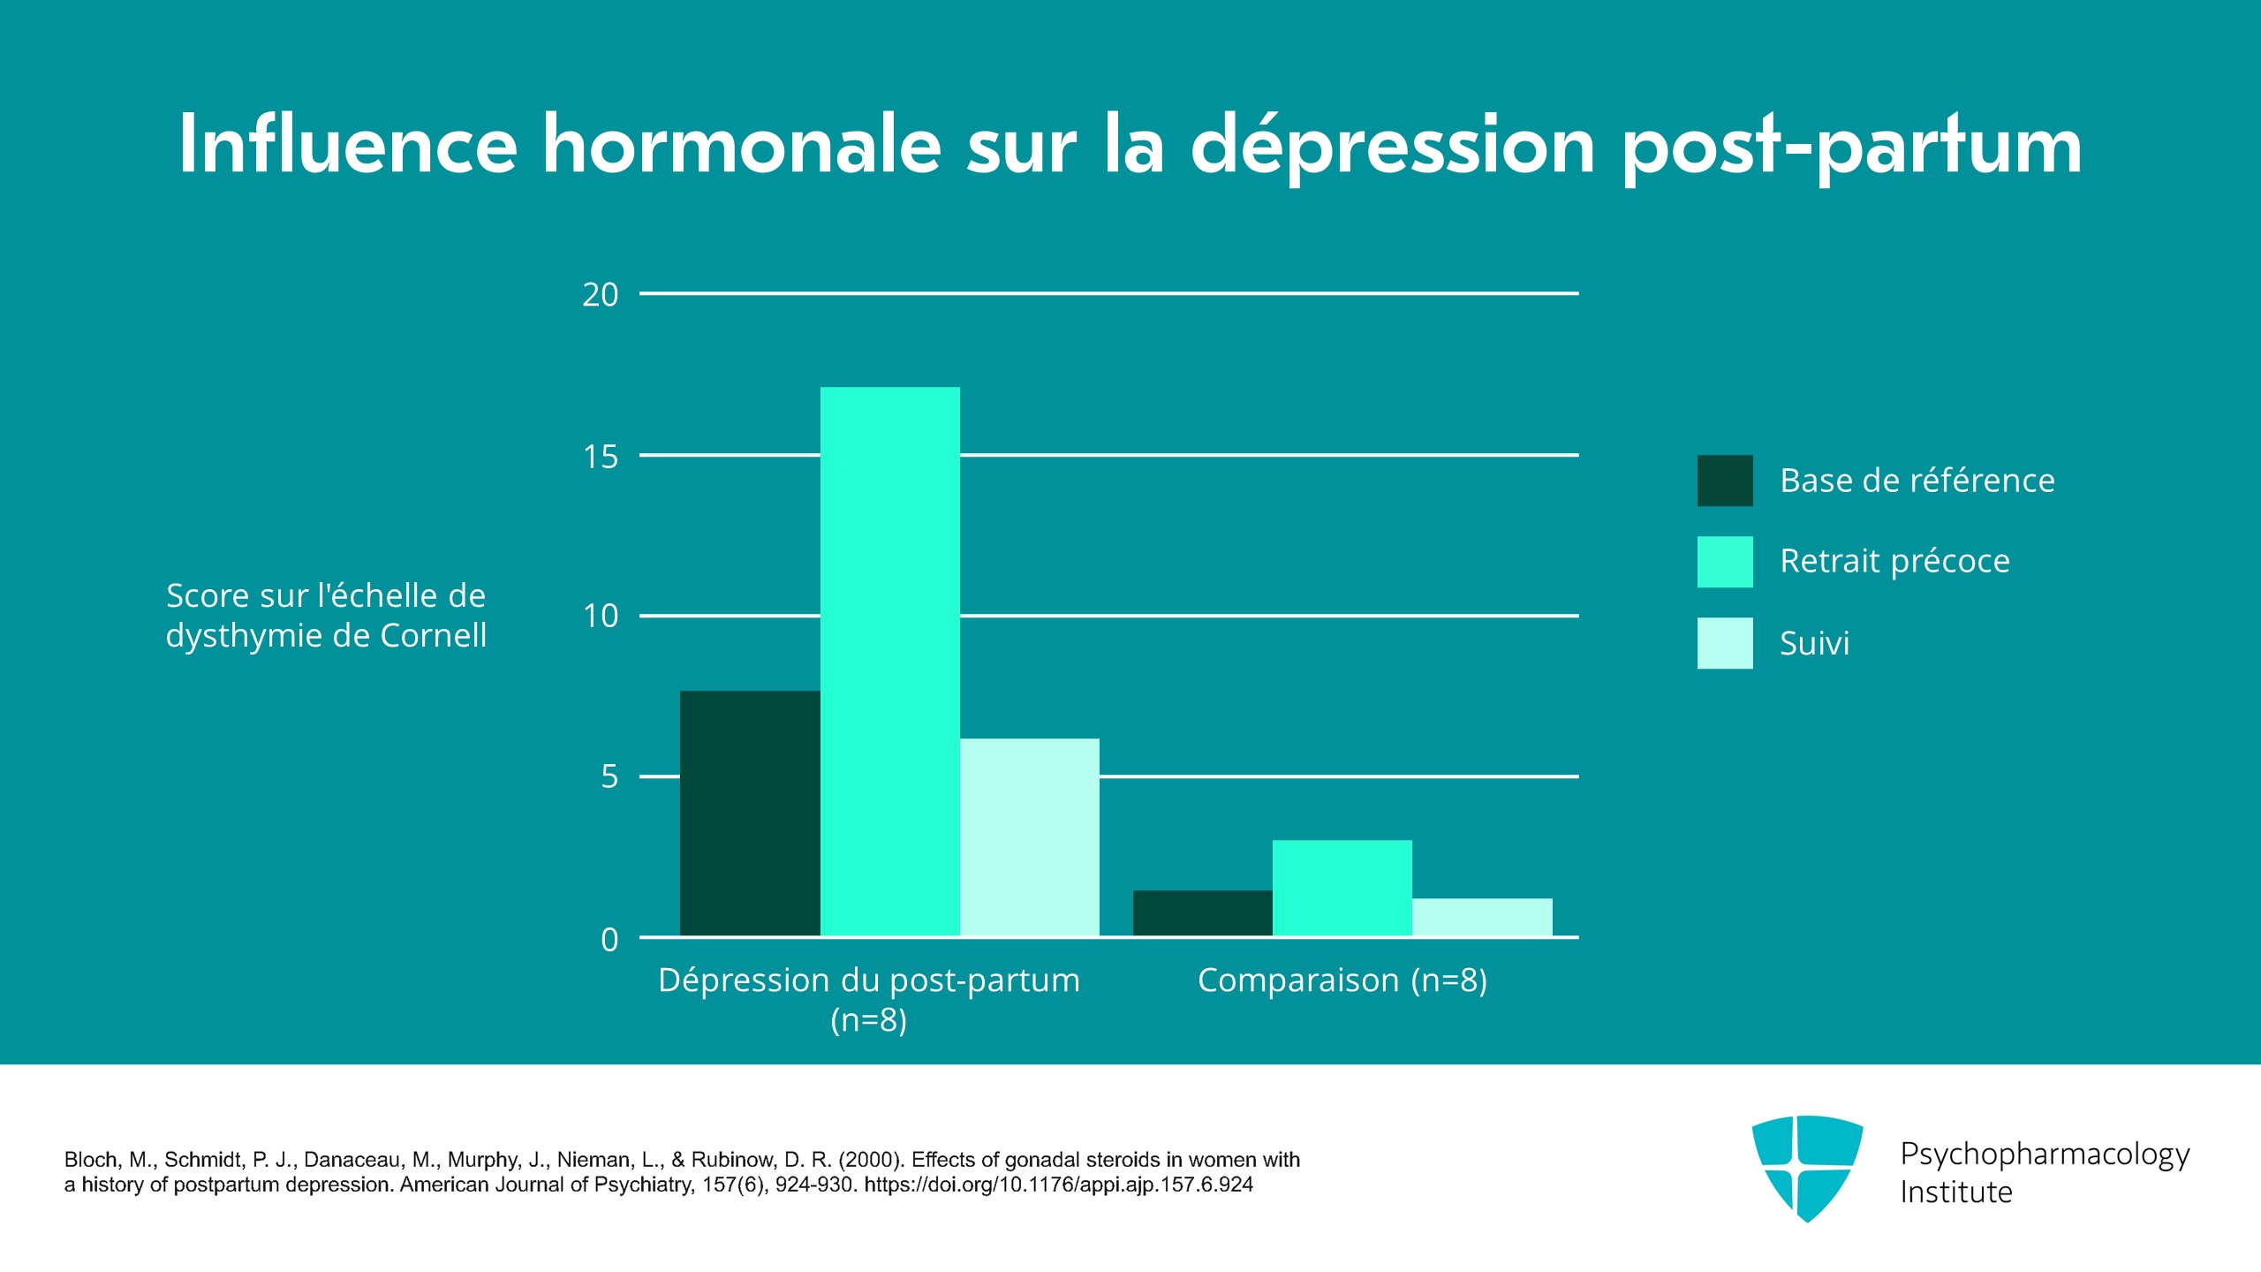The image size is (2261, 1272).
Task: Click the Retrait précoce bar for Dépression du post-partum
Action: tap(890, 662)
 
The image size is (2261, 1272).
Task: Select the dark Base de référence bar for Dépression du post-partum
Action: tap(750, 814)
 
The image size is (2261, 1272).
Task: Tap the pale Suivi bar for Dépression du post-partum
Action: tap(1030, 837)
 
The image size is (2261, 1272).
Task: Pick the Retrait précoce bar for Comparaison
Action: tap(1342, 888)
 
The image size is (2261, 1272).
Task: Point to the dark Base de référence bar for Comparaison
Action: tap(1203, 913)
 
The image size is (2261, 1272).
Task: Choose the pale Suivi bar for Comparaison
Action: tap(1482, 917)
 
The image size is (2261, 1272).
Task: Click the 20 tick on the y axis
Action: tap(601, 295)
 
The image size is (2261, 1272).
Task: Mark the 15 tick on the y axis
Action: tap(601, 457)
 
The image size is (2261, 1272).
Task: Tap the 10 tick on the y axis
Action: tap(601, 617)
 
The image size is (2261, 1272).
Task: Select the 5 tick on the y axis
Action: tap(609, 777)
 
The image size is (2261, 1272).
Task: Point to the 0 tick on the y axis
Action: tap(609, 940)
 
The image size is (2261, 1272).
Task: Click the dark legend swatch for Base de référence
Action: tap(1725, 481)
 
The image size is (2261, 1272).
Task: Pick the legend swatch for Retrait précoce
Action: tap(1725, 562)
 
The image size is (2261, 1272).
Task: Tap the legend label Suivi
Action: tap(1814, 643)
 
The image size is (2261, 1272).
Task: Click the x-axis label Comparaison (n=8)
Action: tap(1342, 980)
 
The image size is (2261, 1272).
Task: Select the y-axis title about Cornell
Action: tap(326, 616)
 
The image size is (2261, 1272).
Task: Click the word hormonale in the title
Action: tap(742, 145)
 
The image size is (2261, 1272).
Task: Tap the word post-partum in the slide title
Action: tap(1852, 148)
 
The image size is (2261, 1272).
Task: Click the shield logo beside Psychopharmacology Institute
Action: tap(1807, 1169)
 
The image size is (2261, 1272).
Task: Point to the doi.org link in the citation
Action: tap(1058, 1185)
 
